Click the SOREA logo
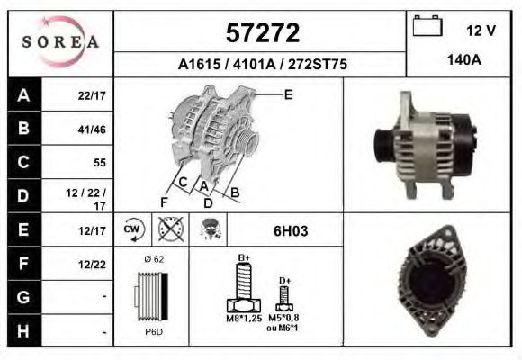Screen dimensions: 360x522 tap(59, 41)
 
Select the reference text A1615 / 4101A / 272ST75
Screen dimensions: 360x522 tap(262, 64)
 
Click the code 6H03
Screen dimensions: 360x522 tap(290, 231)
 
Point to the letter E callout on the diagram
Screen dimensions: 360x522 tap(289, 94)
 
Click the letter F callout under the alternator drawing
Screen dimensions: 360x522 tap(164, 202)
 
